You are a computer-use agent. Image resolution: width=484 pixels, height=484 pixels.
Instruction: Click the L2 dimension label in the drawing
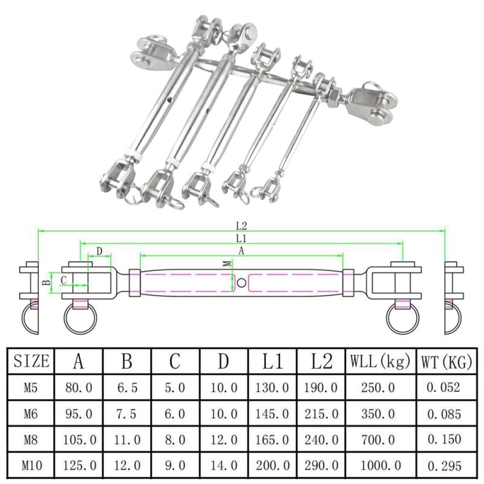click(x=242, y=226)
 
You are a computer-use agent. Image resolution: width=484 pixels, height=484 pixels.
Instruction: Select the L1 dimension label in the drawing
click(x=241, y=238)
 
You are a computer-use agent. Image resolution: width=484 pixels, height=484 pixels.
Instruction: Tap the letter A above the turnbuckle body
click(x=241, y=250)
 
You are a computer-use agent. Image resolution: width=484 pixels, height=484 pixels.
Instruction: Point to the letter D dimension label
click(x=99, y=250)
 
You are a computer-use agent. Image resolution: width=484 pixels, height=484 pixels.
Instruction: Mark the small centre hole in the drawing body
click(x=241, y=283)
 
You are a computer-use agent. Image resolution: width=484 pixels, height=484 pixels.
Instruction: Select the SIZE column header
click(x=31, y=361)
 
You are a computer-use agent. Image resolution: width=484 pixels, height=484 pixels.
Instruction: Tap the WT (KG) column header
click(x=447, y=362)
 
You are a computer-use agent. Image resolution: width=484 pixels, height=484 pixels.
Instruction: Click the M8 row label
click(x=31, y=439)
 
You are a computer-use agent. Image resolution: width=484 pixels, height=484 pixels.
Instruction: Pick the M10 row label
click(x=31, y=465)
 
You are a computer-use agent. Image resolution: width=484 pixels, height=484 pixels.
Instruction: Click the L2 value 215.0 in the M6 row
click(x=321, y=414)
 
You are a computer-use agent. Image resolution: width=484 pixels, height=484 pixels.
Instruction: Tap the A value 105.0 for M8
click(x=79, y=440)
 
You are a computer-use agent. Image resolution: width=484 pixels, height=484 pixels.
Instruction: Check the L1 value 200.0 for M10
click(x=273, y=466)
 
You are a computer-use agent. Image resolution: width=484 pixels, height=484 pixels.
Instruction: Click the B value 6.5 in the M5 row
click(x=127, y=388)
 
